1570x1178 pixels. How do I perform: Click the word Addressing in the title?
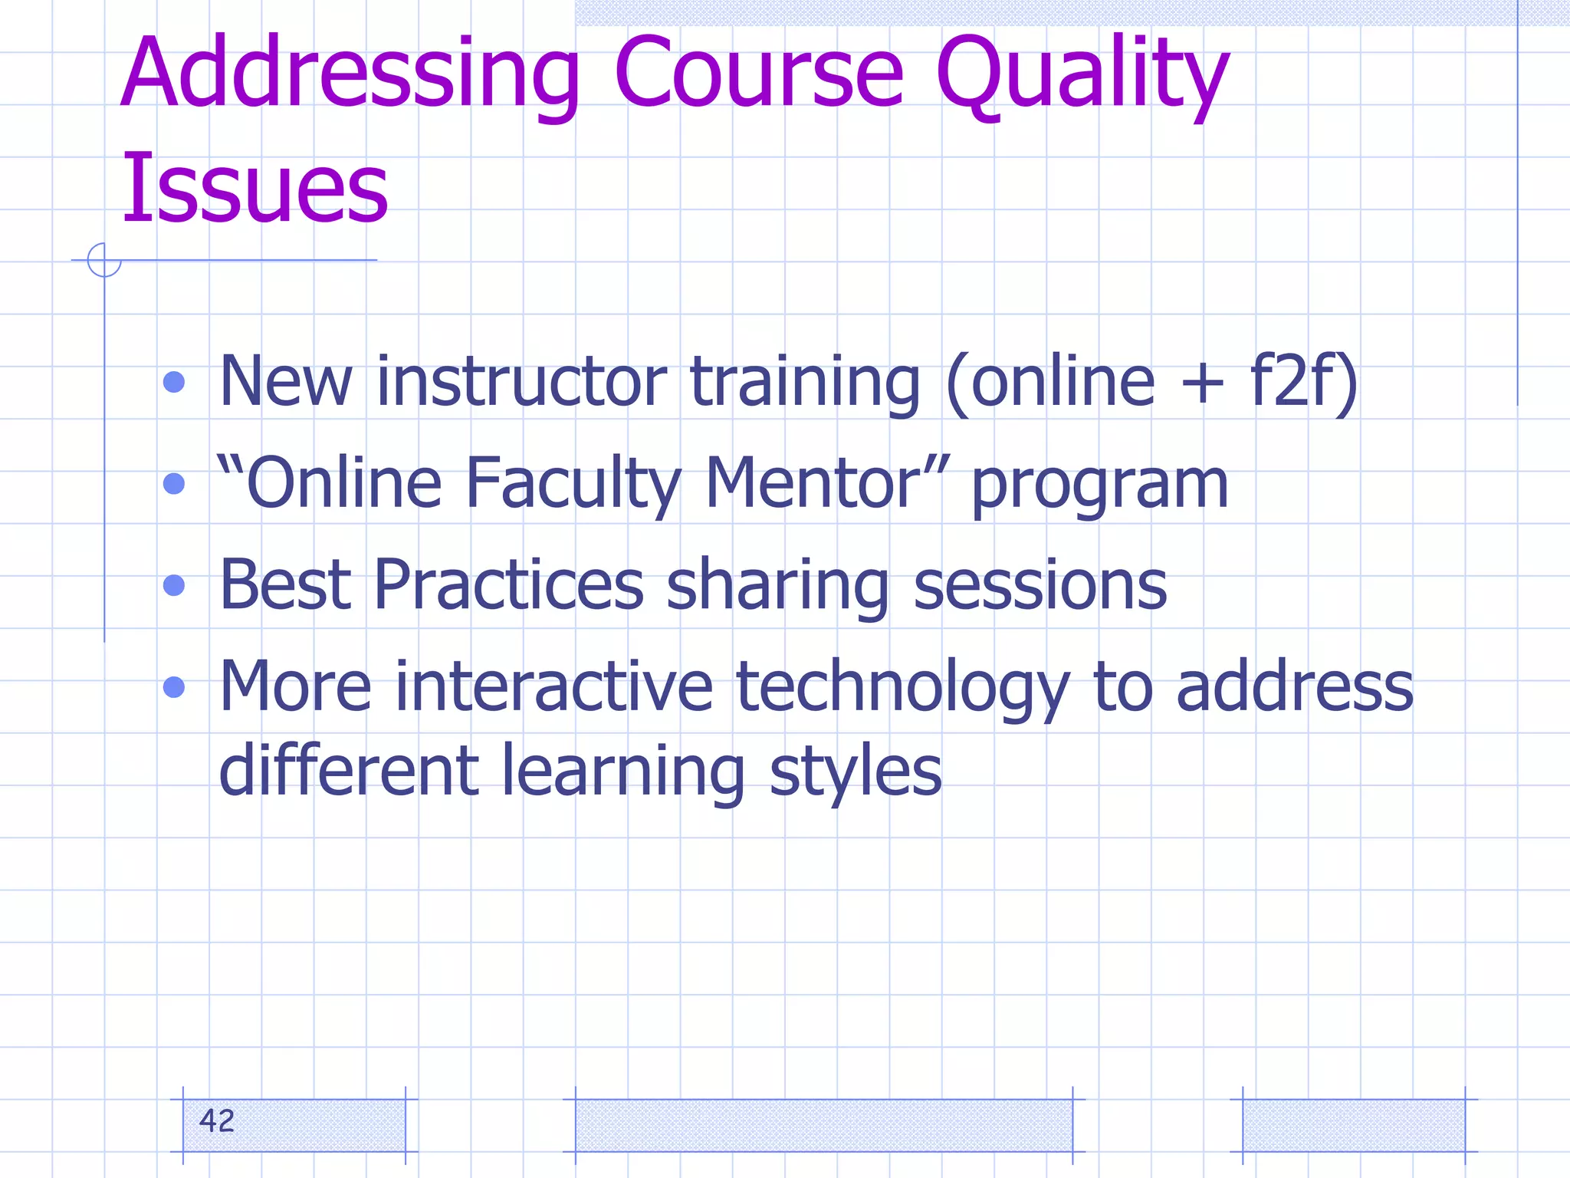pyautogui.click(x=350, y=75)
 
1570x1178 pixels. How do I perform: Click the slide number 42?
pyautogui.click(x=216, y=1121)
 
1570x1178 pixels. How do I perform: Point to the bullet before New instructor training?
pyautogui.click(x=175, y=382)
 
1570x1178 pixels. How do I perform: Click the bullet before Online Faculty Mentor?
pyautogui.click(x=175, y=483)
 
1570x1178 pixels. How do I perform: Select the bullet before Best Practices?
pyautogui.click(x=175, y=585)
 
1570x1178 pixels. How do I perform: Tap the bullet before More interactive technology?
pyautogui.click(x=175, y=686)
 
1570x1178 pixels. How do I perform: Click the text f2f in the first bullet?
pyautogui.click(x=1292, y=381)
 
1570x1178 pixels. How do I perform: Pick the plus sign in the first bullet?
pyautogui.click(x=1201, y=383)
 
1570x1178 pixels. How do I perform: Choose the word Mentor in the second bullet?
pyautogui.click(x=813, y=483)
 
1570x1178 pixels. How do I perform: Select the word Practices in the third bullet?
pyautogui.click(x=508, y=584)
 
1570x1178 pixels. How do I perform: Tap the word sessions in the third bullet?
pyautogui.click(x=1040, y=586)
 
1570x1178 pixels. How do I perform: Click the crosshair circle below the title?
pyautogui.click(x=104, y=260)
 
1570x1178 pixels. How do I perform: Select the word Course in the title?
pyautogui.click(x=759, y=75)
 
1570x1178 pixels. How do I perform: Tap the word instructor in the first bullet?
pyautogui.click(x=521, y=381)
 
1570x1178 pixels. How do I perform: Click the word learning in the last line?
pyautogui.click(x=622, y=772)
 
